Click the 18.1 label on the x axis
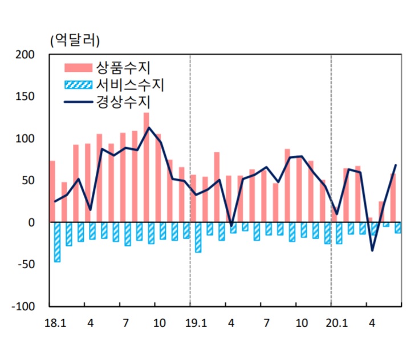pyautogui.click(x=55, y=323)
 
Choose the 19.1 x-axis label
pyautogui.click(x=196, y=323)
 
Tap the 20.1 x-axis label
pyautogui.click(x=336, y=323)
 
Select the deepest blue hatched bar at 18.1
pyautogui.click(x=57, y=242)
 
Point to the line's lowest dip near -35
pyautogui.click(x=372, y=250)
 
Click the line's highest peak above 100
pyautogui.click(x=149, y=127)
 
